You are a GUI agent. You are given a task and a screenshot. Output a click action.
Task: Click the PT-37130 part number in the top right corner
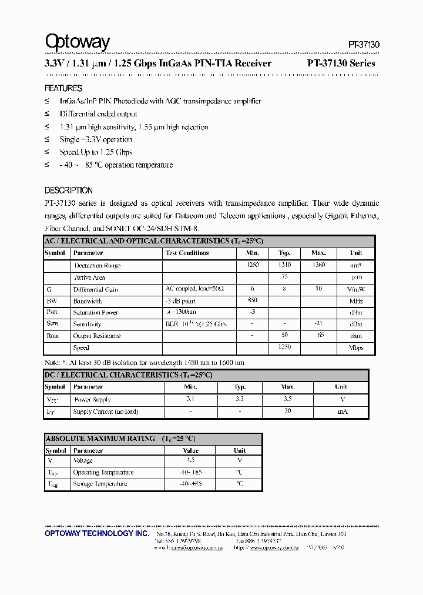364,45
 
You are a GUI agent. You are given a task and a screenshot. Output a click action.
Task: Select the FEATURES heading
63,88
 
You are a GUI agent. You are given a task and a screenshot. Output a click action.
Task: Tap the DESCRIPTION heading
69,190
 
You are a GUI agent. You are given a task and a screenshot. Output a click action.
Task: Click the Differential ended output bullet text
98,114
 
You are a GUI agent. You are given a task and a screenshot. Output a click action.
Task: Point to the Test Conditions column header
187,253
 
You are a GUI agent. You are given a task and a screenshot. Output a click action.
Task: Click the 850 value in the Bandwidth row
253,300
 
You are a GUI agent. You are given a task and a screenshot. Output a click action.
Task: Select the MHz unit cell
356,301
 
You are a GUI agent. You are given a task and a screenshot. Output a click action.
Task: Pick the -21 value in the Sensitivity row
318,324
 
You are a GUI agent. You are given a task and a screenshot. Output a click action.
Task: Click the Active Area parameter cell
89,278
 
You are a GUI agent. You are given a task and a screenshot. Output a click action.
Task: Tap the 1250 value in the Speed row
284,347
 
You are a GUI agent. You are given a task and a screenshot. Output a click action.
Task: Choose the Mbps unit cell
356,348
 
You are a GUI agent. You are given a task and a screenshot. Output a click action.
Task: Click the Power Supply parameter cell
92,400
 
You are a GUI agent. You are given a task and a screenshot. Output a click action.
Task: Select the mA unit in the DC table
341,412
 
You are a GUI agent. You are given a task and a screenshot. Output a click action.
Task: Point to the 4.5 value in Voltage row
190,460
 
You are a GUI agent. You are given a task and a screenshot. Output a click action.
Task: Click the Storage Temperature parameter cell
100,484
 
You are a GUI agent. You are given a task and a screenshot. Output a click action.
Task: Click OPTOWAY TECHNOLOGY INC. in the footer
97,533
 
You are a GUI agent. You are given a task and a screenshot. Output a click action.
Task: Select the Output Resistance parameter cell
97,336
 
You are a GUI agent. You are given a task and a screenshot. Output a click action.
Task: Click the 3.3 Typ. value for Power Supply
240,399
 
